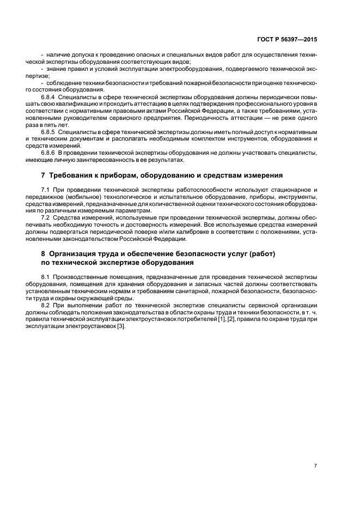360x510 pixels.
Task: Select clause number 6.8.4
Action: (x=49, y=96)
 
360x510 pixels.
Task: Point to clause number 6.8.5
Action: (x=49, y=132)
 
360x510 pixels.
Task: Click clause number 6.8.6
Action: (x=49, y=153)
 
